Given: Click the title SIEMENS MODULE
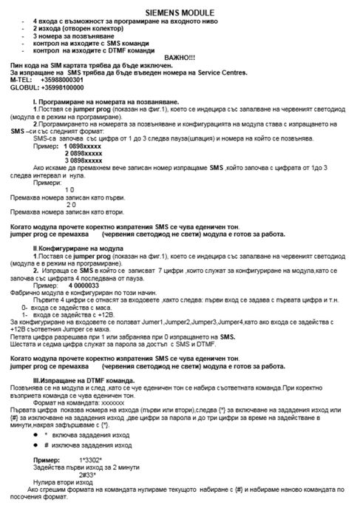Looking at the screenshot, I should pyautogui.click(x=180, y=13).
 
